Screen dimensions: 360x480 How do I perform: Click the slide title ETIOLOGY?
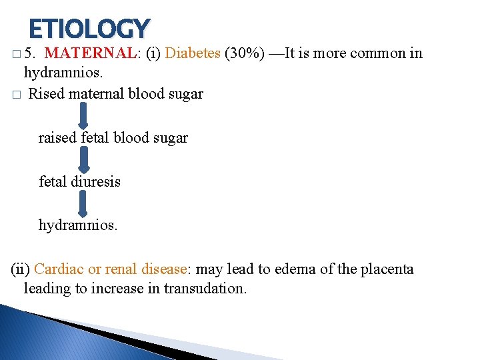click(x=89, y=28)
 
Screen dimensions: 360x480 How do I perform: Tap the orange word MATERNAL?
click(x=93, y=53)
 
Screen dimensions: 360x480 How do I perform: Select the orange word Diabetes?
click(x=192, y=53)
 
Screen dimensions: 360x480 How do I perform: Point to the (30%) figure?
click(x=245, y=53)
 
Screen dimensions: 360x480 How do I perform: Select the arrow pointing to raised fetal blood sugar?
click(x=83, y=115)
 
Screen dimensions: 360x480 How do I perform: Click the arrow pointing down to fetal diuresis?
click(x=83, y=159)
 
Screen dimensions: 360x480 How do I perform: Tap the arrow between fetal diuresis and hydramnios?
click(x=83, y=203)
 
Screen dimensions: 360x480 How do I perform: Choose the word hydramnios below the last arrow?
click(x=78, y=225)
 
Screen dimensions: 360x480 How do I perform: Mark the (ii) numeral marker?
click(x=20, y=269)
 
